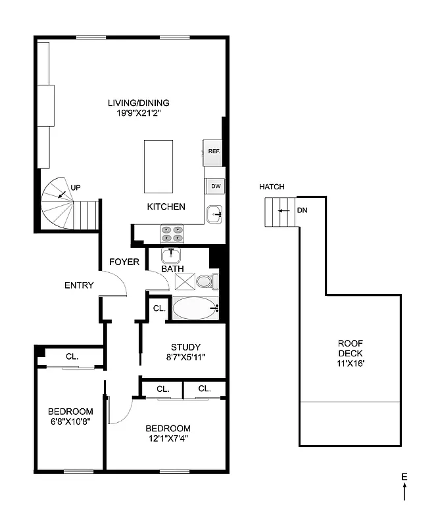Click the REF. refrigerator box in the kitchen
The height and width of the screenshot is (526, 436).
pos(213,152)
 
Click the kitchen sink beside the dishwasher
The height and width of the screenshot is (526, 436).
pos(215,214)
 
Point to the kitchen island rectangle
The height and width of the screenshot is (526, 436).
pos(158,166)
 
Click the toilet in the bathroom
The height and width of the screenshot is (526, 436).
pos(207,282)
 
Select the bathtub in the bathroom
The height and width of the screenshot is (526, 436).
pos(195,308)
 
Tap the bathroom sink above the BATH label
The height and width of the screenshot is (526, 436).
pos(171,255)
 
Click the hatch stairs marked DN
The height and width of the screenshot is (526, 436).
pos(280,211)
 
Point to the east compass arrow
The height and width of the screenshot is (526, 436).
pos(404,490)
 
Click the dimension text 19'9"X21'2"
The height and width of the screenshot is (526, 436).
pos(138,113)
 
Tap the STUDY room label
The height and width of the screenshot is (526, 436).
pos(185,347)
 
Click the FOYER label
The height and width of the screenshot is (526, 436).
pos(124,262)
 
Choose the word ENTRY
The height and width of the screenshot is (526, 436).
pos(79,285)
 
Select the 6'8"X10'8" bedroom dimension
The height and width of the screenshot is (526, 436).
pos(68,422)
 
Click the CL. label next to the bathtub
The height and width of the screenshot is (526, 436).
pos(159,308)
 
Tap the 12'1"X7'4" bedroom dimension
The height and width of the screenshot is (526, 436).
pos(168,439)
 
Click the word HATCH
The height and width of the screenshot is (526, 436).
pos(272,187)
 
